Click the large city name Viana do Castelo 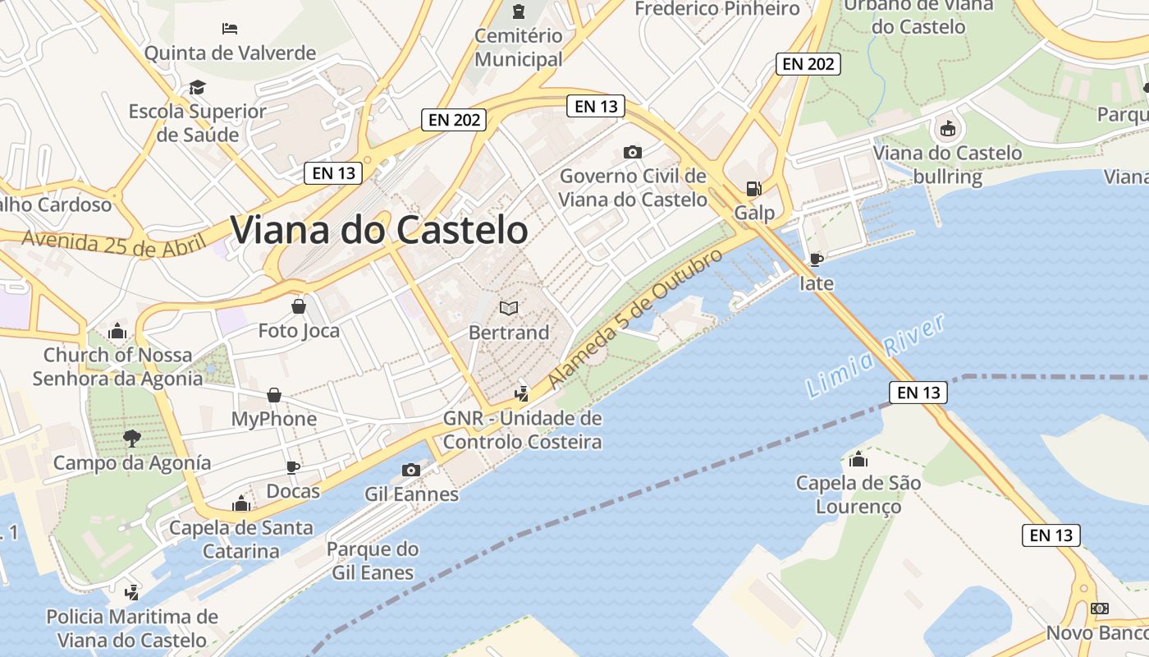point(379,230)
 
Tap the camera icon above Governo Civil point(632,152)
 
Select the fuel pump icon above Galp point(753,189)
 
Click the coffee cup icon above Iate point(816,260)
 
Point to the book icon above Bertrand point(509,308)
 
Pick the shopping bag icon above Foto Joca point(299,306)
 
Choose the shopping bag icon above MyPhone point(274,395)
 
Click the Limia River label point(876,356)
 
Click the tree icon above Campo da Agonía point(132,438)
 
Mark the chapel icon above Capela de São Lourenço point(858,459)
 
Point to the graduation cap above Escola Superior point(197,87)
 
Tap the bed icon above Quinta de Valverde point(230,29)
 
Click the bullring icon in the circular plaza point(947,128)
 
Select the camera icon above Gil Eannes point(411,470)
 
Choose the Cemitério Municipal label point(519,47)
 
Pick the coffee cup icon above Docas point(293,467)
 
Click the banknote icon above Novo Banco point(1100,609)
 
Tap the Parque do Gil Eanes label point(373,560)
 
